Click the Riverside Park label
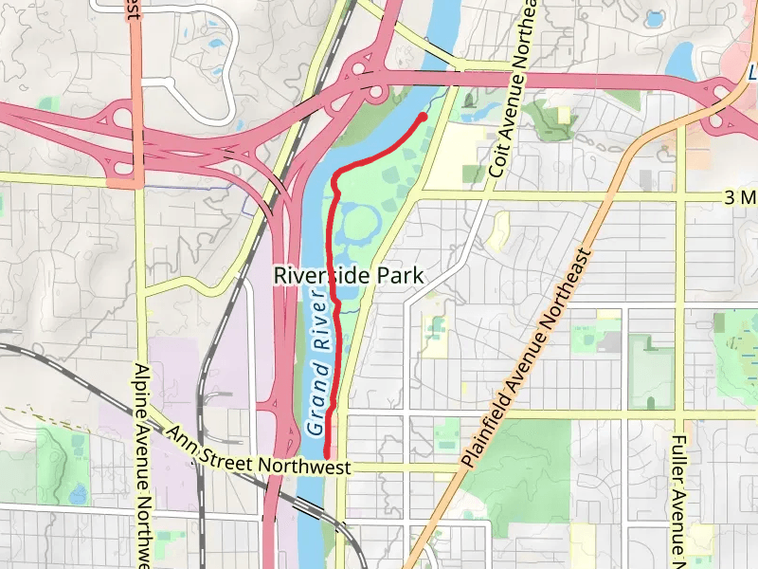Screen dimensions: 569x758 click(348, 276)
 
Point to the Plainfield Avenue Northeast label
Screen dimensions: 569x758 click(530, 355)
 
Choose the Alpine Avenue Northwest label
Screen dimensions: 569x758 click(141, 465)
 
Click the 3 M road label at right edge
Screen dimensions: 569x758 click(739, 196)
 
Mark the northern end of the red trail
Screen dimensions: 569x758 click(423, 116)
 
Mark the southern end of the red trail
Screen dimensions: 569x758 click(327, 457)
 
